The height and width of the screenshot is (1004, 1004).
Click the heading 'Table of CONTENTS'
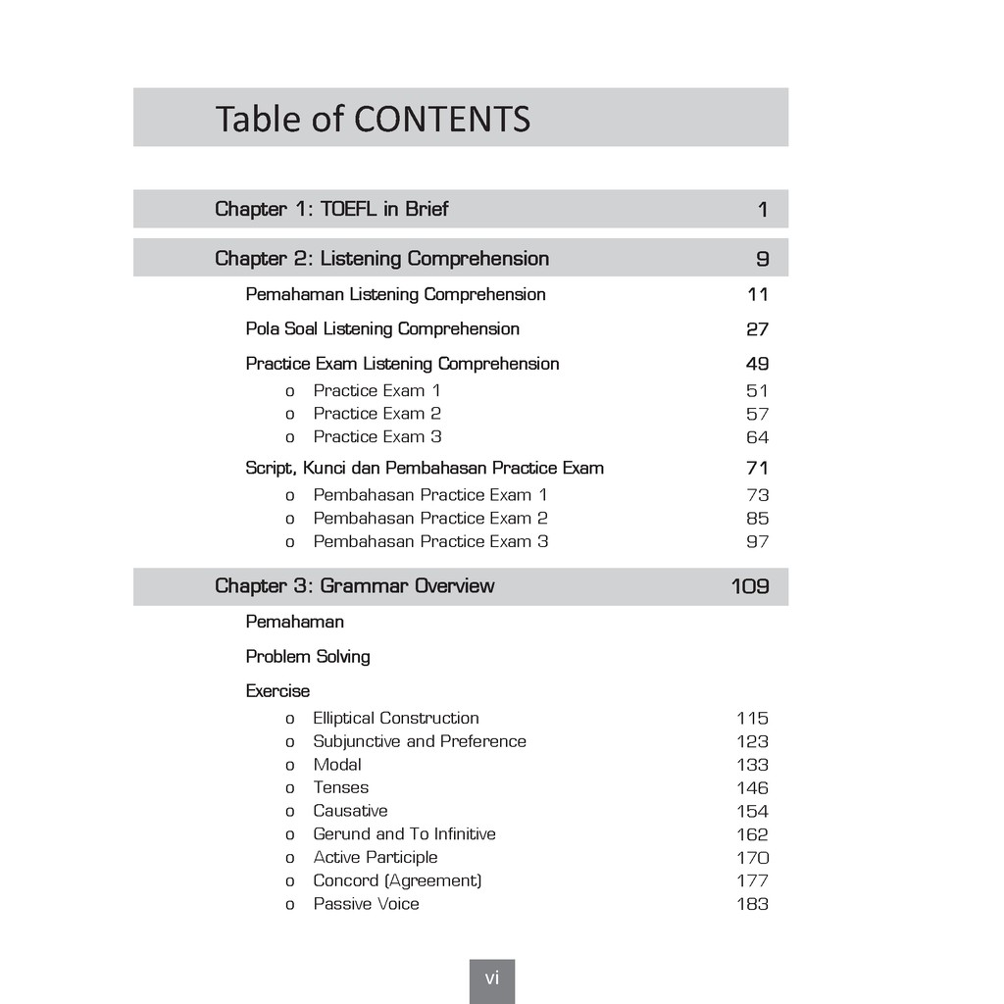point(373,119)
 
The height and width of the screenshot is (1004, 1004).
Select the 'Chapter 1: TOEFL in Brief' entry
point(331,209)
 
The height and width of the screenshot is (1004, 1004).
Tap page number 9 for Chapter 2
point(762,259)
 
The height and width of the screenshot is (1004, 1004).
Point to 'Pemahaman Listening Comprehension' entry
point(395,294)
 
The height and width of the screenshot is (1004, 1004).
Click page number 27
point(757,329)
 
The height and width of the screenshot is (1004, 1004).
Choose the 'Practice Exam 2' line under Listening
point(376,414)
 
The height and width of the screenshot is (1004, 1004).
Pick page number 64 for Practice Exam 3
point(757,437)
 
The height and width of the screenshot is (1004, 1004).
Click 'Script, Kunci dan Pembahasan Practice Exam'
point(425,468)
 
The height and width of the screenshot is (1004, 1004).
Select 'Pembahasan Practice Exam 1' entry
point(429,495)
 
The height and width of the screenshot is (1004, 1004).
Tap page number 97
point(757,542)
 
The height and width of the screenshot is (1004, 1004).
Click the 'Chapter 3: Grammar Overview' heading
point(354,586)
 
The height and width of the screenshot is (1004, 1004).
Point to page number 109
point(750,587)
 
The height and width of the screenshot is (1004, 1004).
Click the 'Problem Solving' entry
point(308,657)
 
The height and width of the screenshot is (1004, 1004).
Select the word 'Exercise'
point(277,691)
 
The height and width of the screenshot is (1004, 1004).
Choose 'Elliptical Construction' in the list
point(396,719)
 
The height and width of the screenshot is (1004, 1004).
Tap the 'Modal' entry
point(337,765)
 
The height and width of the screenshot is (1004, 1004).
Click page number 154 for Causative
point(752,812)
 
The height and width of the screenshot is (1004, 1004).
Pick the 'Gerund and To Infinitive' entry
point(404,834)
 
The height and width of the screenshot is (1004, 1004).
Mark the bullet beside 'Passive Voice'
point(289,905)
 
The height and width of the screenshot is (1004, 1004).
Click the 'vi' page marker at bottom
point(492,979)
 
